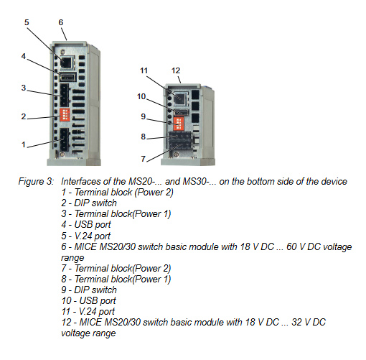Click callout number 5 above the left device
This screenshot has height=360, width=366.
pyautogui.click(x=27, y=22)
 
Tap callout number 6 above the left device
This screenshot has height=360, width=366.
pyautogui.click(x=61, y=22)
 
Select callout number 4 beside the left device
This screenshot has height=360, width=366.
pyautogui.click(x=24, y=56)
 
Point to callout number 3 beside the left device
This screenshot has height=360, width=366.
pyautogui.click(x=24, y=88)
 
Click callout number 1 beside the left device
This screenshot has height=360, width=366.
pyautogui.click(x=24, y=144)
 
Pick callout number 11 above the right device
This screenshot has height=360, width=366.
pyautogui.click(x=144, y=70)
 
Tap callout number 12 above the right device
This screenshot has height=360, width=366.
pyautogui.click(x=176, y=70)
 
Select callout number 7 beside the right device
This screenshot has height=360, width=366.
pyautogui.click(x=144, y=159)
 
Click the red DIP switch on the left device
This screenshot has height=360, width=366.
pyautogui.click(x=65, y=114)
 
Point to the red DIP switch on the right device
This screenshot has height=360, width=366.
pyautogui.click(x=179, y=124)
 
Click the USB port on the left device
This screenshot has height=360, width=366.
pyautogui.click(x=67, y=78)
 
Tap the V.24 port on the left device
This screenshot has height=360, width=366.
pyautogui.click(x=67, y=63)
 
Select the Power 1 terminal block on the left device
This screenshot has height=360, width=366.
pyautogui.click(x=65, y=95)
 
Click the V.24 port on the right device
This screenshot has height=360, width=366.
pyautogui.click(x=180, y=98)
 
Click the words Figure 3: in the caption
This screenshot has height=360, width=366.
pyautogui.click(x=36, y=181)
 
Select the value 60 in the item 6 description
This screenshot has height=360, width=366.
pyautogui.click(x=291, y=246)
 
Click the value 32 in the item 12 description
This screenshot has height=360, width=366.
pyautogui.click(x=297, y=322)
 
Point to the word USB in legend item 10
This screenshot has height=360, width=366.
pyautogui.click(x=88, y=300)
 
